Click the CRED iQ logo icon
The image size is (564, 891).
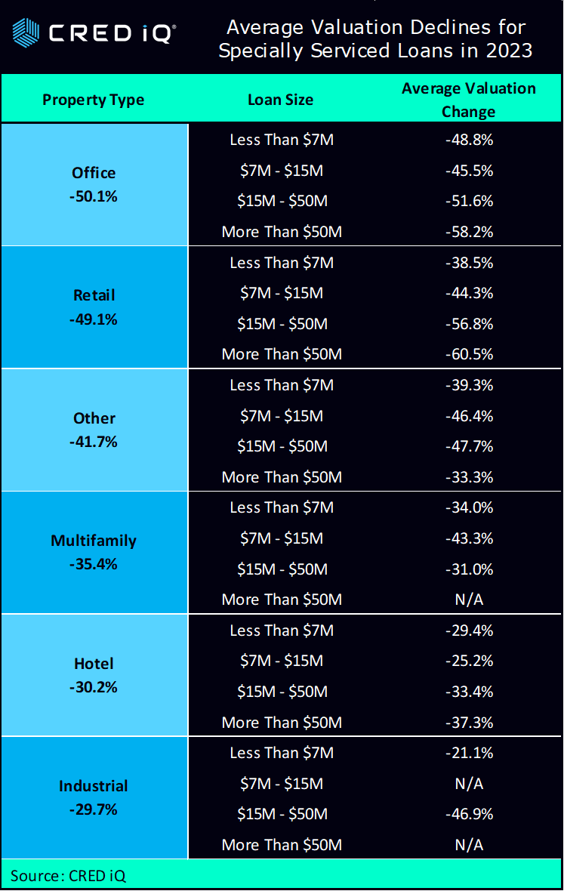click(26, 32)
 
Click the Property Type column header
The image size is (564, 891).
click(93, 100)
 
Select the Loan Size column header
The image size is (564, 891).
click(280, 100)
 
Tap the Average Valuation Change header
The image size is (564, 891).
click(468, 100)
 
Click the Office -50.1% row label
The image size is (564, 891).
click(94, 184)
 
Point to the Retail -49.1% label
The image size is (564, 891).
click(94, 307)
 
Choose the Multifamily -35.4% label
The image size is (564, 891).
click(94, 552)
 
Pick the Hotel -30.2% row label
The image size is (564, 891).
click(94, 675)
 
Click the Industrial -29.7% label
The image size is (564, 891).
click(94, 797)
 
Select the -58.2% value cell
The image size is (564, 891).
click(468, 232)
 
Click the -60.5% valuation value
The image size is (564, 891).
click(468, 354)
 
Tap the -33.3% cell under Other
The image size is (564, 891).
click(468, 477)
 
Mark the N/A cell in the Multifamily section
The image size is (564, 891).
click(468, 600)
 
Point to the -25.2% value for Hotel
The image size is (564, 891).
click(468, 661)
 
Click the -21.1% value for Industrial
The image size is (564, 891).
click(468, 753)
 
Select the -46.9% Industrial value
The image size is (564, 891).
click(468, 814)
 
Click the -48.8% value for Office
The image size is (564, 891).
click(468, 140)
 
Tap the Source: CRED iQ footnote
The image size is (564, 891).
click(68, 876)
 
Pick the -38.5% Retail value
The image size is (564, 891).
click(468, 263)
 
